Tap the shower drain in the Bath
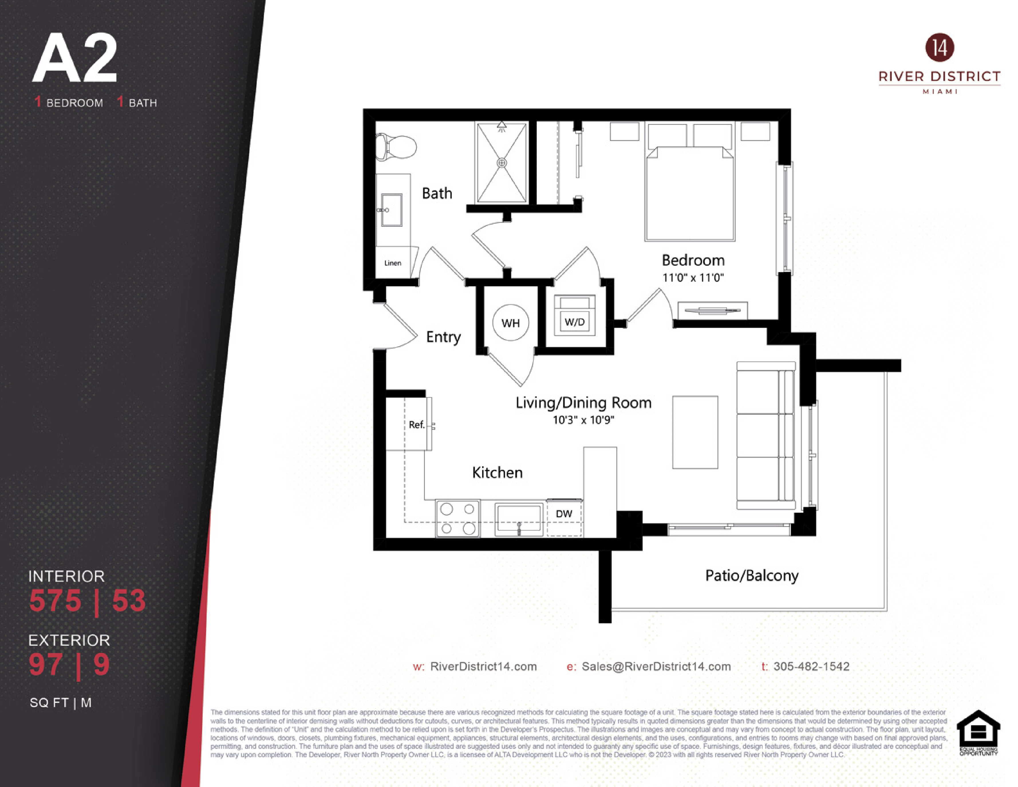pos(502,163)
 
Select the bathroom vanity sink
pos(392,210)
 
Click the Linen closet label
pos(392,263)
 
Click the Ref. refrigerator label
pos(416,424)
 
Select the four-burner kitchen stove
pos(458,518)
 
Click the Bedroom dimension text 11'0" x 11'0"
pos(693,278)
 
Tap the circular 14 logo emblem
pos(940,48)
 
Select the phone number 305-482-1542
pos(812,666)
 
